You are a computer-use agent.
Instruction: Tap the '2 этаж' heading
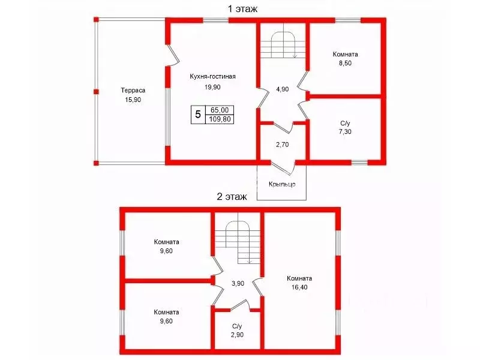232,197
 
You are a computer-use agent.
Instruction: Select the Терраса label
133,91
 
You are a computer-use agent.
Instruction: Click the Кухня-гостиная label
213,76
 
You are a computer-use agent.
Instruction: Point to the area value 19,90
213,87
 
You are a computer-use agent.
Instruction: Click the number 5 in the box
198,115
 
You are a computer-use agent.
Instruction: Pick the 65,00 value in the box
220,110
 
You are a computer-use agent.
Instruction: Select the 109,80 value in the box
220,119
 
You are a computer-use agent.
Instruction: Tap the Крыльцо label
282,184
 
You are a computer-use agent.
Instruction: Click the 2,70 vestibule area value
282,145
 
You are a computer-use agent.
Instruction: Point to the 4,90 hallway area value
282,89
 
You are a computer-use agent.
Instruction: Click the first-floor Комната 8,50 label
346,59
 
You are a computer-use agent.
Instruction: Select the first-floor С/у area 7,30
346,132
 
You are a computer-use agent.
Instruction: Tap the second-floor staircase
238,242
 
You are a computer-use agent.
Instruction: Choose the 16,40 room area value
299,287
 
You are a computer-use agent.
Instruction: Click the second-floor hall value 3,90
238,283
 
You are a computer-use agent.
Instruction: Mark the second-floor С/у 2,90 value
237,335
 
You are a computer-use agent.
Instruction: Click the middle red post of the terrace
96,92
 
